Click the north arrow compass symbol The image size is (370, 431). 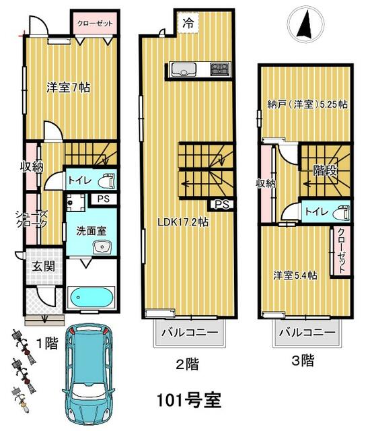305,24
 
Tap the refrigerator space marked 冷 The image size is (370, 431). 188,23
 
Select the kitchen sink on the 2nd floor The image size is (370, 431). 184,69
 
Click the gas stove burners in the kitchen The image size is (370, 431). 219,69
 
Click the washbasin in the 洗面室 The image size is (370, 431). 102,247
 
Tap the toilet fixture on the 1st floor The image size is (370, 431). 106,180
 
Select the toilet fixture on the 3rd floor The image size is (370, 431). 342,212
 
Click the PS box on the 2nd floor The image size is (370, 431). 222,205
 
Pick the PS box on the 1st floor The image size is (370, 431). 104,199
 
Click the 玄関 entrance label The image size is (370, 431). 43,267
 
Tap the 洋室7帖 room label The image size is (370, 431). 68,88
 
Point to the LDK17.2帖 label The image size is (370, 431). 182,222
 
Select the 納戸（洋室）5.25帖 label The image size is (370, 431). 307,104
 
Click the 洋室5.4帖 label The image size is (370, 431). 295,275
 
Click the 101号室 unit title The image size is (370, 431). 188,400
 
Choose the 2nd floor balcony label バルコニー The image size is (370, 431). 190,333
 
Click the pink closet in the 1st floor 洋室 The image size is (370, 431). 96,24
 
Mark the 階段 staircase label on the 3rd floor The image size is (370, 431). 325,171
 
